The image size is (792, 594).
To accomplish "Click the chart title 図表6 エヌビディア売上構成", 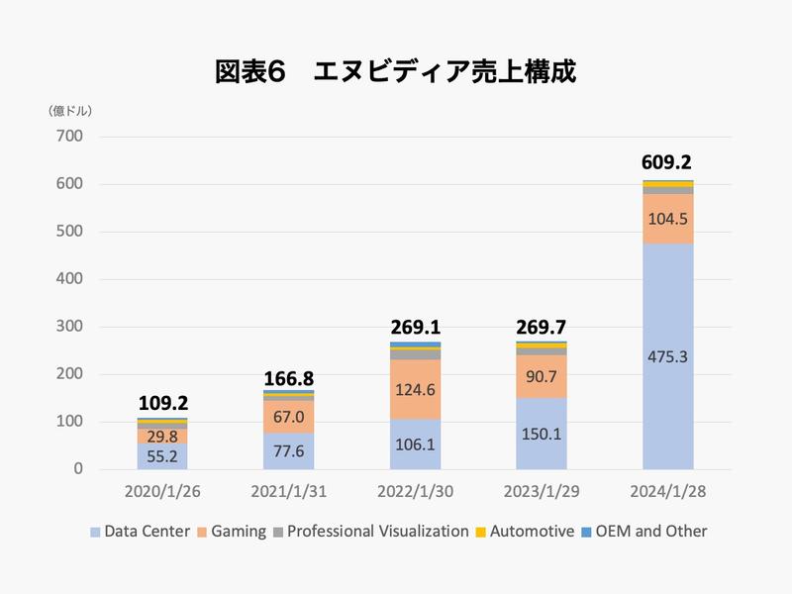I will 396,72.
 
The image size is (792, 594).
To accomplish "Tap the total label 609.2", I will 667,162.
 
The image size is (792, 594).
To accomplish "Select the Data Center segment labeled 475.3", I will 667,356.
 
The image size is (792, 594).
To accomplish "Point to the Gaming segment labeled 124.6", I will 416,389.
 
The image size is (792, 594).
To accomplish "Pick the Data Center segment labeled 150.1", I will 542,434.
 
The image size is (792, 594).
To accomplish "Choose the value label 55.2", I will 162,456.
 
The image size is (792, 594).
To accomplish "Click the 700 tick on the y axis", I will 71,137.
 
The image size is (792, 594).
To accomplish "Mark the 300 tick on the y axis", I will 71,327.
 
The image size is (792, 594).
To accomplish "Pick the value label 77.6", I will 289,450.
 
